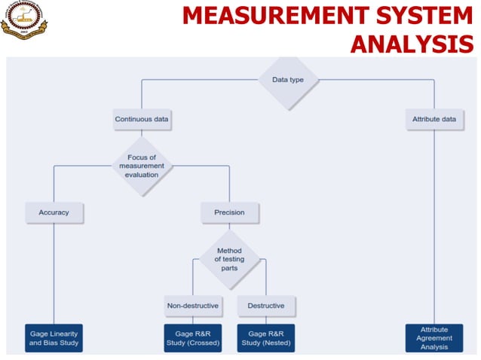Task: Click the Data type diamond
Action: click(x=289, y=79)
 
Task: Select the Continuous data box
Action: click(x=142, y=119)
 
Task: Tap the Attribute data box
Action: click(x=434, y=119)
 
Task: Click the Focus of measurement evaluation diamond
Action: click(x=142, y=166)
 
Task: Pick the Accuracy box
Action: click(x=54, y=212)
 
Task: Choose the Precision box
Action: click(x=229, y=212)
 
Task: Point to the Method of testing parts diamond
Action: click(x=229, y=259)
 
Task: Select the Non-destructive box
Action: click(x=192, y=306)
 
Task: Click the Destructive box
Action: click(x=266, y=306)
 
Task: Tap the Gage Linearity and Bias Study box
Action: click(x=54, y=338)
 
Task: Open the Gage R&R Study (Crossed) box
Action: click(x=192, y=338)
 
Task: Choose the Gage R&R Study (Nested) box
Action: click(x=266, y=338)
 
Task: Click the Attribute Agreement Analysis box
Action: click(x=434, y=338)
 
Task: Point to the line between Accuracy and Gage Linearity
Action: click(x=54, y=271)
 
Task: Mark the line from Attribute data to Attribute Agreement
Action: click(x=434, y=226)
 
